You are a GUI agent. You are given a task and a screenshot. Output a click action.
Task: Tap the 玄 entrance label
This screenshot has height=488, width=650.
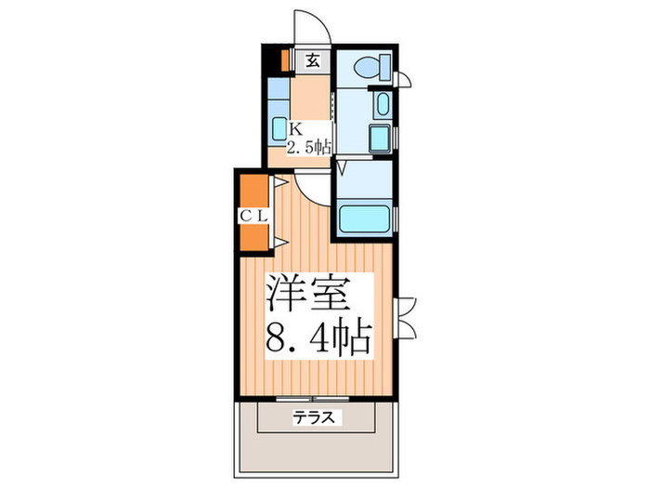click(x=313, y=61)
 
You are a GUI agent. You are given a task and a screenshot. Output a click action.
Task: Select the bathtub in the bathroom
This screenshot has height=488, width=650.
click(x=365, y=220)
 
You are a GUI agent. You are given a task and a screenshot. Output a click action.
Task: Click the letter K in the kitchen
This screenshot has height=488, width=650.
click(x=293, y=129)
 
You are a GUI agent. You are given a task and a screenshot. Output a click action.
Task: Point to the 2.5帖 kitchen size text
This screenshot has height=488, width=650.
click(x=307, y=147)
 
